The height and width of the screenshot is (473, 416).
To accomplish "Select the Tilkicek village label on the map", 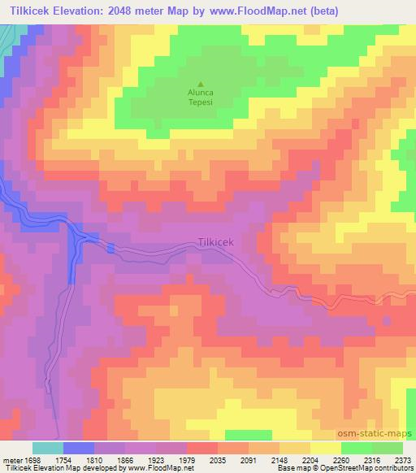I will (x=216, y=242).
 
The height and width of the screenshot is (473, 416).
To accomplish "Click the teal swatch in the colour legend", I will (x=48, y=448).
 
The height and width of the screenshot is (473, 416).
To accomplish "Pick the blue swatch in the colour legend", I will (x=79, y=448).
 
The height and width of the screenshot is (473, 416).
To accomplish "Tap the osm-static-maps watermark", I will (x=381, y=434).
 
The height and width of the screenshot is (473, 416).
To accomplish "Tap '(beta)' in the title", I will (x=316, y=9).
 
